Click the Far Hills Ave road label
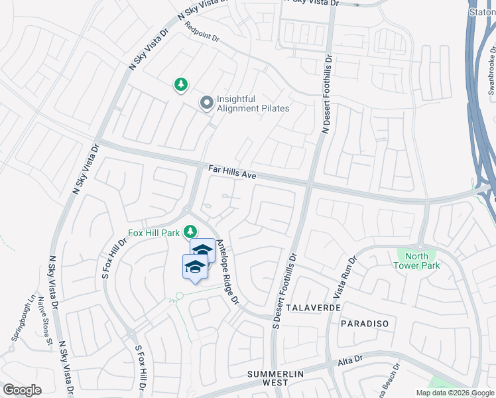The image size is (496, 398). (232, 174)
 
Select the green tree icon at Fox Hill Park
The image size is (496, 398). (190, 232)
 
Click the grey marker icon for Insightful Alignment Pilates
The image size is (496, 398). (207, 103)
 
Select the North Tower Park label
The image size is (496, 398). (416, 261)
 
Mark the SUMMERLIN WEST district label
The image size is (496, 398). (277, 378)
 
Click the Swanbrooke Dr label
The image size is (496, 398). (491, 70)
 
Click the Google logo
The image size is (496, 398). (22, 390)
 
